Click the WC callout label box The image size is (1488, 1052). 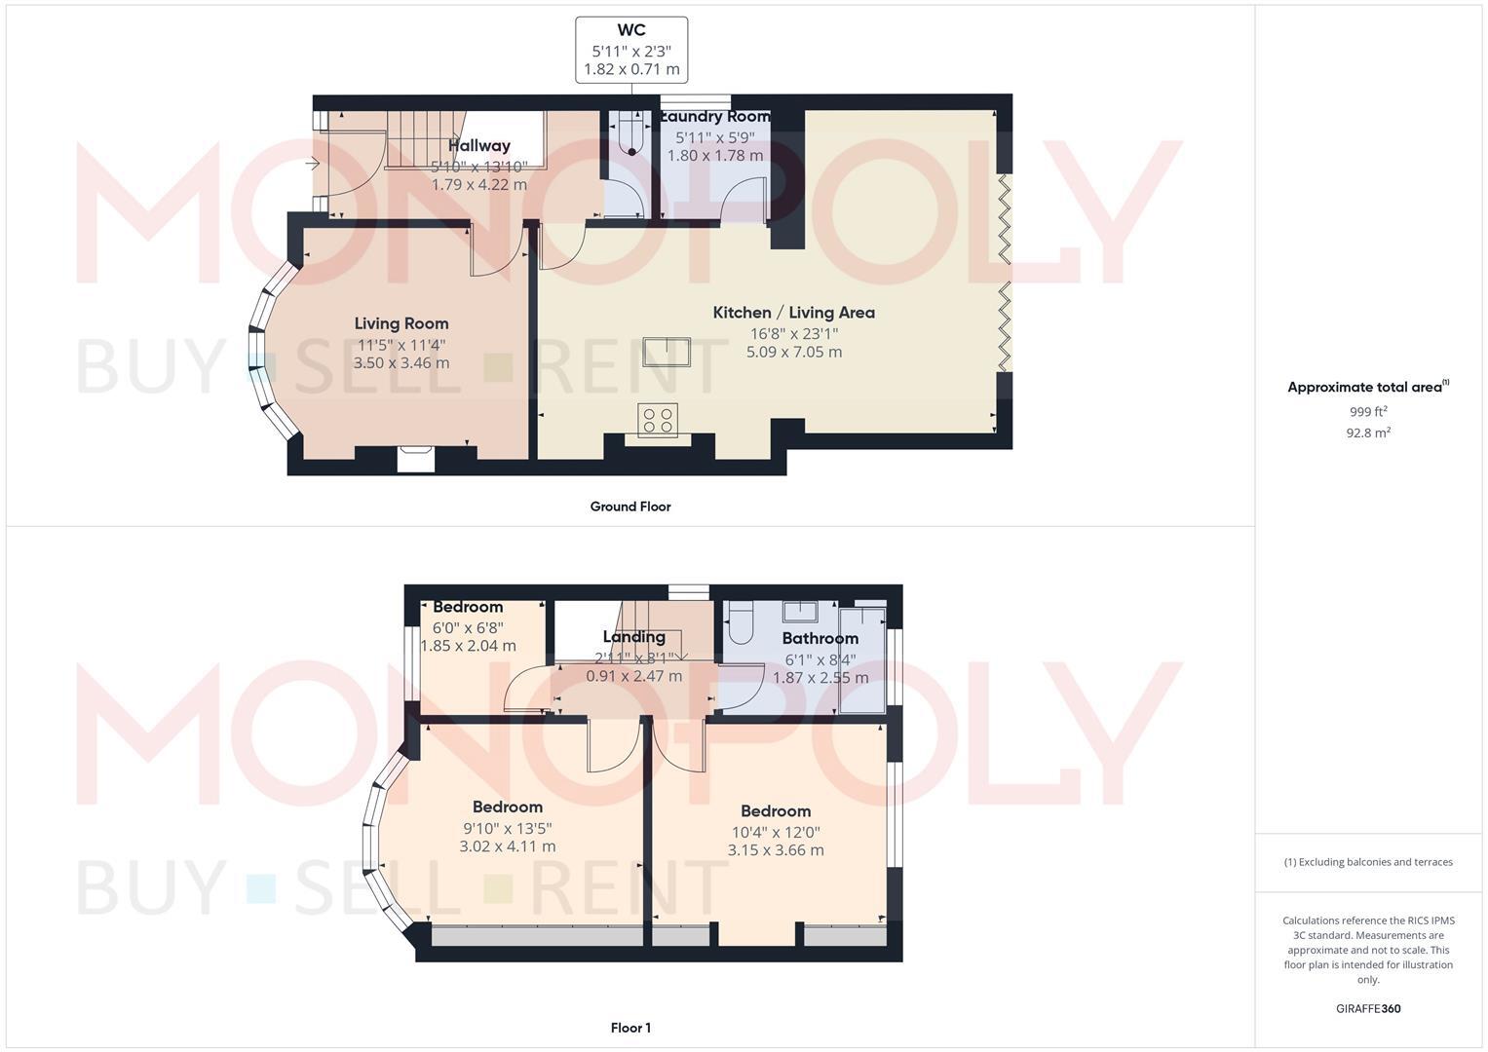[x=631, y=50]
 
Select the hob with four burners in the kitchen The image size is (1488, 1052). [x=658, y=420]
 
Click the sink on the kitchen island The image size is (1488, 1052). [x=667, y=352]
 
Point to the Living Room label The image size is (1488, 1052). [x=401, y=323]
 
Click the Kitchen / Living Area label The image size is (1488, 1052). [x=793, y=313]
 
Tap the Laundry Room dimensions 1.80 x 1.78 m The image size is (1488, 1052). [x=714, y=156]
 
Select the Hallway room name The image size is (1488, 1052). [x=479, y=146]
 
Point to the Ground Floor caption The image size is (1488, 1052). [x=630, y=507]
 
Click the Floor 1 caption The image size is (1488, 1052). [x=630, y=1028]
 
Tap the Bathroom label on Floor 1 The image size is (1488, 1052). [x=820, y=638]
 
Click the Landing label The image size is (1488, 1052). [x=634, y=637]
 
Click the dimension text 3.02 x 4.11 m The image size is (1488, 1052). [x=508, y=846]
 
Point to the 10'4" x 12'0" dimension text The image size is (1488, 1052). [x=776, y=832]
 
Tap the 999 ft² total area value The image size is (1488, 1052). [x=1368, y=412]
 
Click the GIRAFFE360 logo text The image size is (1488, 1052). [x=1368, y=1009]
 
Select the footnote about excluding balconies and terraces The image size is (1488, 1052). [x=1368, y=862]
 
